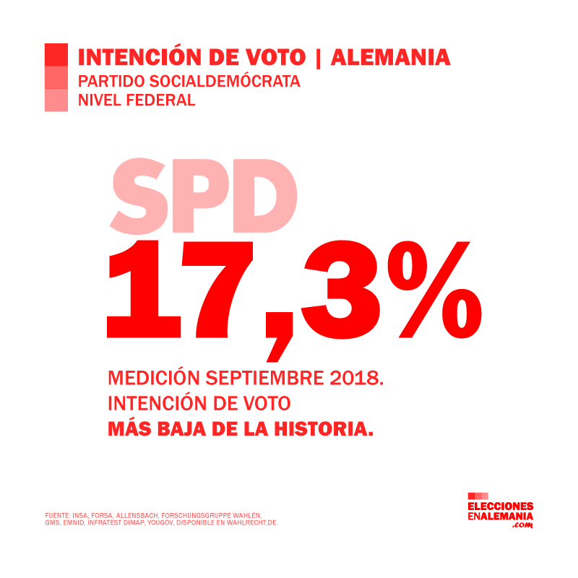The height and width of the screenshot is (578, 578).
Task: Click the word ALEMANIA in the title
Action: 390,56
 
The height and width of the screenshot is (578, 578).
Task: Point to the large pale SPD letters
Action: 204,194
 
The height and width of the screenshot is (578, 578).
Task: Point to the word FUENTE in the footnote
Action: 55,514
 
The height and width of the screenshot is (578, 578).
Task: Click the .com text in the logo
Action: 522,525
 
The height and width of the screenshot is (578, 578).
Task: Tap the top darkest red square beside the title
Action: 56,55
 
